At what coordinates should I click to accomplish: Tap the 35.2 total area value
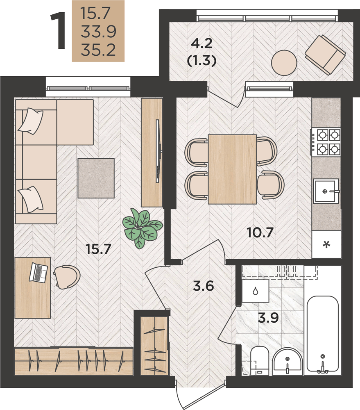pos(98,50)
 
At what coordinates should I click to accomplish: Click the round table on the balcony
pos(284,63)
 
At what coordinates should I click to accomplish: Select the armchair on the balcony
pos(325,55)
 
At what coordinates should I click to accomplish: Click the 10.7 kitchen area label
pos(260,232)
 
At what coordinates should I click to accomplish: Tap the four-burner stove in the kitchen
pos(326,142)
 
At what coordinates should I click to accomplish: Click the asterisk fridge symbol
pos(326,245)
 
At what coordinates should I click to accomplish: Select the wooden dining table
pos(232,169)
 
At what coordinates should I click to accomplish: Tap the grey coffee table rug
pos(96,178)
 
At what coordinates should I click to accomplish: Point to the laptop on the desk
pos(38,273)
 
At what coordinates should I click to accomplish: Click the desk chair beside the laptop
pos(67,277)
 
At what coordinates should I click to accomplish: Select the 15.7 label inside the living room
pos(98,249)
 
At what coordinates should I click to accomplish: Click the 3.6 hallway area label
pos(203,286)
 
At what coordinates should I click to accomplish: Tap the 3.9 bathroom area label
pos(268,317)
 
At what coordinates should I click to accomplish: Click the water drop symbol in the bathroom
pos(256,291)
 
